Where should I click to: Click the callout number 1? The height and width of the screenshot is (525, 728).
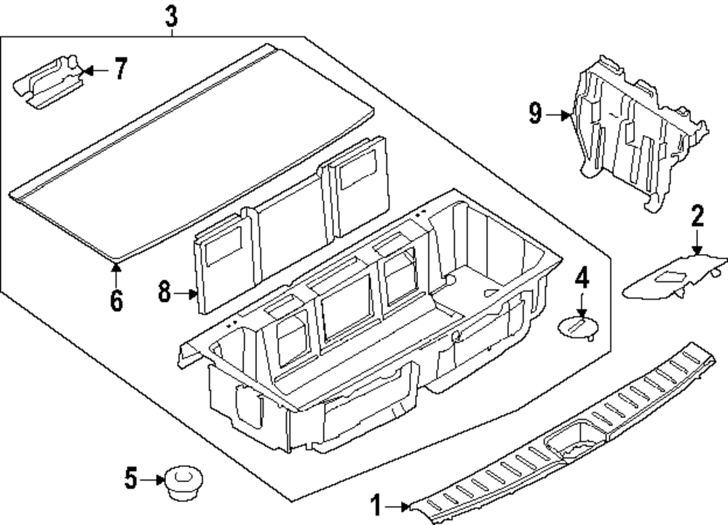376,505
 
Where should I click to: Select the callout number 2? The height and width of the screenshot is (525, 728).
697,216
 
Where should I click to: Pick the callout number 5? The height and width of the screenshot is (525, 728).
131,479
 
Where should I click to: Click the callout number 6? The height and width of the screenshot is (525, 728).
116,300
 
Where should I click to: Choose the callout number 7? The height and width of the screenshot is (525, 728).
120,70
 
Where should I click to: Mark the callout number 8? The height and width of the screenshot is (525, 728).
165,293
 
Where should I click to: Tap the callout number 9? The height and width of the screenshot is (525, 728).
536,114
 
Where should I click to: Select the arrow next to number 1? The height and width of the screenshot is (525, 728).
400,505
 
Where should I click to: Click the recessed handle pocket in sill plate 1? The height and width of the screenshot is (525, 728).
573,439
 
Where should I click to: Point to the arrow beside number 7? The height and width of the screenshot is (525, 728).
95,71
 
